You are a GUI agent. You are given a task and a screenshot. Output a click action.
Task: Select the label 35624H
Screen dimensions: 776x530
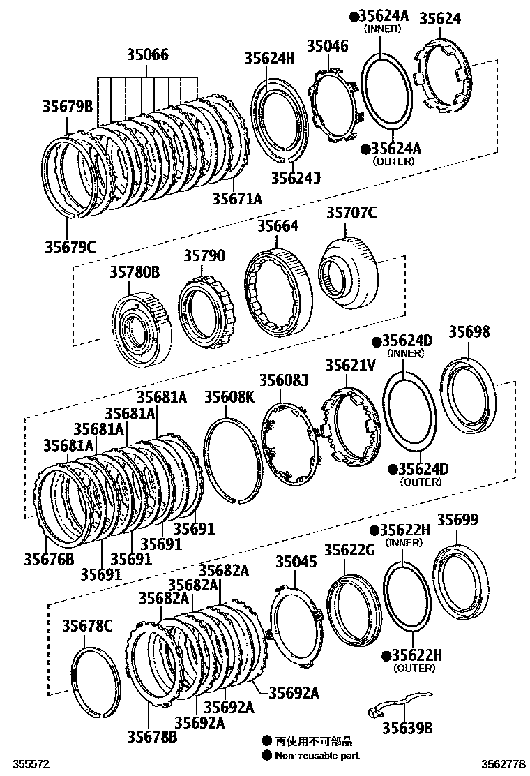pyautogui.click(x=270, y=59)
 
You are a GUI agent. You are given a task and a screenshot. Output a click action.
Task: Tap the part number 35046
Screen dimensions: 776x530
pyautogui.click(x=327, y=47)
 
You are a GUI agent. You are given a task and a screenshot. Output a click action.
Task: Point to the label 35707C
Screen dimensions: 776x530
pyautogui.click(x=351, y=214)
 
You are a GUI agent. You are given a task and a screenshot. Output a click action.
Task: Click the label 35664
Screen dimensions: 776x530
pyautogui.click(x=278, y=227)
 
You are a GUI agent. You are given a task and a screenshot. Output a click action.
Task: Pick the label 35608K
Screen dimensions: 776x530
pyautogui.click(x=229, y=397)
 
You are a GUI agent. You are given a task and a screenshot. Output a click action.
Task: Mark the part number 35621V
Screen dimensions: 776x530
pyautogui.click(x=351, y=365)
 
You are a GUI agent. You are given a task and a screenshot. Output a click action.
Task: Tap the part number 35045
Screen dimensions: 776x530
pyautogui.click(x=296, y=562)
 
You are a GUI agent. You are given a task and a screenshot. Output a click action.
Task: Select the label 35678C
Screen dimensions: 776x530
pyautogui.click(x=87, y=625)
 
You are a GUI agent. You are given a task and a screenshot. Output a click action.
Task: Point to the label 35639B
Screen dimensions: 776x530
pyautogui.click(x=407, y=728)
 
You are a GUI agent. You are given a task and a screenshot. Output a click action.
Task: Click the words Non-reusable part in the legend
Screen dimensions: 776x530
pyautogui.click(x=317, y=755)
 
